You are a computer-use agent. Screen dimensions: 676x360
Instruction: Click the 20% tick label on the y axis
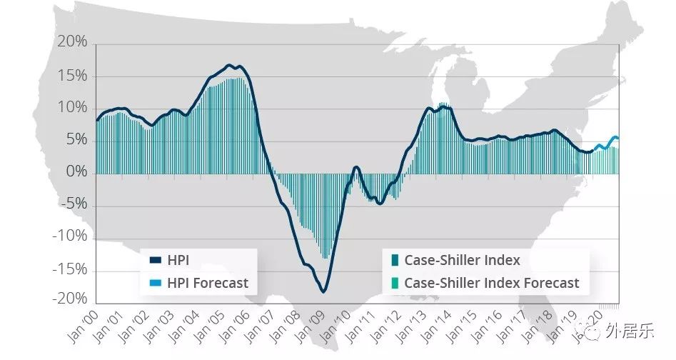tap(72, 42)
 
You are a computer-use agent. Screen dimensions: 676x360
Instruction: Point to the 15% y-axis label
tap(72, 76)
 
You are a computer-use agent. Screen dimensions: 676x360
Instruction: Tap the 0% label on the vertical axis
tap(77, 171)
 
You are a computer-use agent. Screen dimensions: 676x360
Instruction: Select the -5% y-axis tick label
tap(74, 203)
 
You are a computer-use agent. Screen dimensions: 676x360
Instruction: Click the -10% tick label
tap(70, 236)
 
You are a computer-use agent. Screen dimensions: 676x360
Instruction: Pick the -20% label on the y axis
tap(70, 299)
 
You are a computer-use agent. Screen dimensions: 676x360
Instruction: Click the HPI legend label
tap(178, 261)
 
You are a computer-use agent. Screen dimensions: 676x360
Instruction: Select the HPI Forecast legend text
tap(208, 284)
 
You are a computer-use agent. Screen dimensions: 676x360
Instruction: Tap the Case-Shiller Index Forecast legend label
tap(492, 284)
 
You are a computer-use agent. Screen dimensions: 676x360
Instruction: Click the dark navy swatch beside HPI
tap(155, 261)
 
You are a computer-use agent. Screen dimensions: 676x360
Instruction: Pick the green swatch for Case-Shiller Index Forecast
tap(395, 284)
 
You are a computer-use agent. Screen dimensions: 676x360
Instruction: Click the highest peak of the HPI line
tap(229, 66)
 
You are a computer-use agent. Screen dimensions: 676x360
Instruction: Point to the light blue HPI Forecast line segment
tap(607, 144)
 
